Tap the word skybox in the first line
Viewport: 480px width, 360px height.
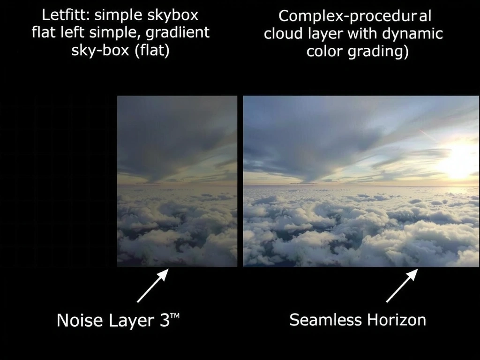(x=173, y=15)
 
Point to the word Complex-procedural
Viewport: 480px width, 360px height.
(x=354, y=16)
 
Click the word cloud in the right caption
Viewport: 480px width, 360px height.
(x=283, y=34)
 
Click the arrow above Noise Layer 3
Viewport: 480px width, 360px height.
(x=152, y=285)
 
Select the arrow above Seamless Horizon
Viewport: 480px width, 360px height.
(x=402, y=285)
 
